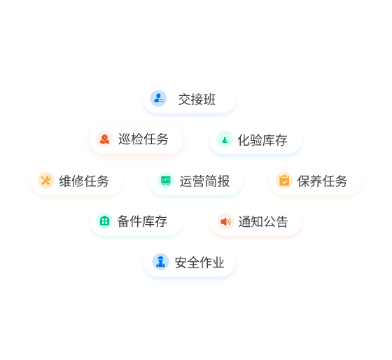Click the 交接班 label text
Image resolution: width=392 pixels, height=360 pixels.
197,99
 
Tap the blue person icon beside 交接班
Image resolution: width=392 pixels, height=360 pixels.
158,98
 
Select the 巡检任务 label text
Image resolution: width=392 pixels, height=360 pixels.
143,139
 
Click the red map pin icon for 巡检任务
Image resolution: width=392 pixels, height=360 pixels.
104,139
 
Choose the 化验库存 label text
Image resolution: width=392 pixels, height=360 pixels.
262,140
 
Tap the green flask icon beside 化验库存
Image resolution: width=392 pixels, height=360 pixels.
225,139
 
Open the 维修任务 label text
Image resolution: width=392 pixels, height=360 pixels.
84,181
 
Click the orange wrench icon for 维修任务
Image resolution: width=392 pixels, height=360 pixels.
46,180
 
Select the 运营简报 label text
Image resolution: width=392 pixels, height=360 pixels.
204,181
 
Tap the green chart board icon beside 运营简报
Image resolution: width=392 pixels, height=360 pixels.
166,180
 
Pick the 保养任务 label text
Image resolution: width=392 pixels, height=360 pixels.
322,181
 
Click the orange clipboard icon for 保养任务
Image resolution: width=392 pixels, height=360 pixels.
284,180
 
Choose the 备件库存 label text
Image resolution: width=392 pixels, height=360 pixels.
142,221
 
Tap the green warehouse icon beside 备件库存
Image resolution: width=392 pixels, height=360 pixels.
104,221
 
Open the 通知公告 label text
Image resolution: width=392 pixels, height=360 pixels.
263,221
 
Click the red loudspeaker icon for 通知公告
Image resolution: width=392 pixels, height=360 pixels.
225,221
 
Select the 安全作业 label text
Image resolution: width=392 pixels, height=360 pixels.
199,263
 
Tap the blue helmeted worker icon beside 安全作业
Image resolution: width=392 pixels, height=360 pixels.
161,262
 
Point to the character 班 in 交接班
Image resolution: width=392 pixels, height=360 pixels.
209,99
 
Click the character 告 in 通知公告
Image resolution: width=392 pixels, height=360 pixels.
281,221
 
